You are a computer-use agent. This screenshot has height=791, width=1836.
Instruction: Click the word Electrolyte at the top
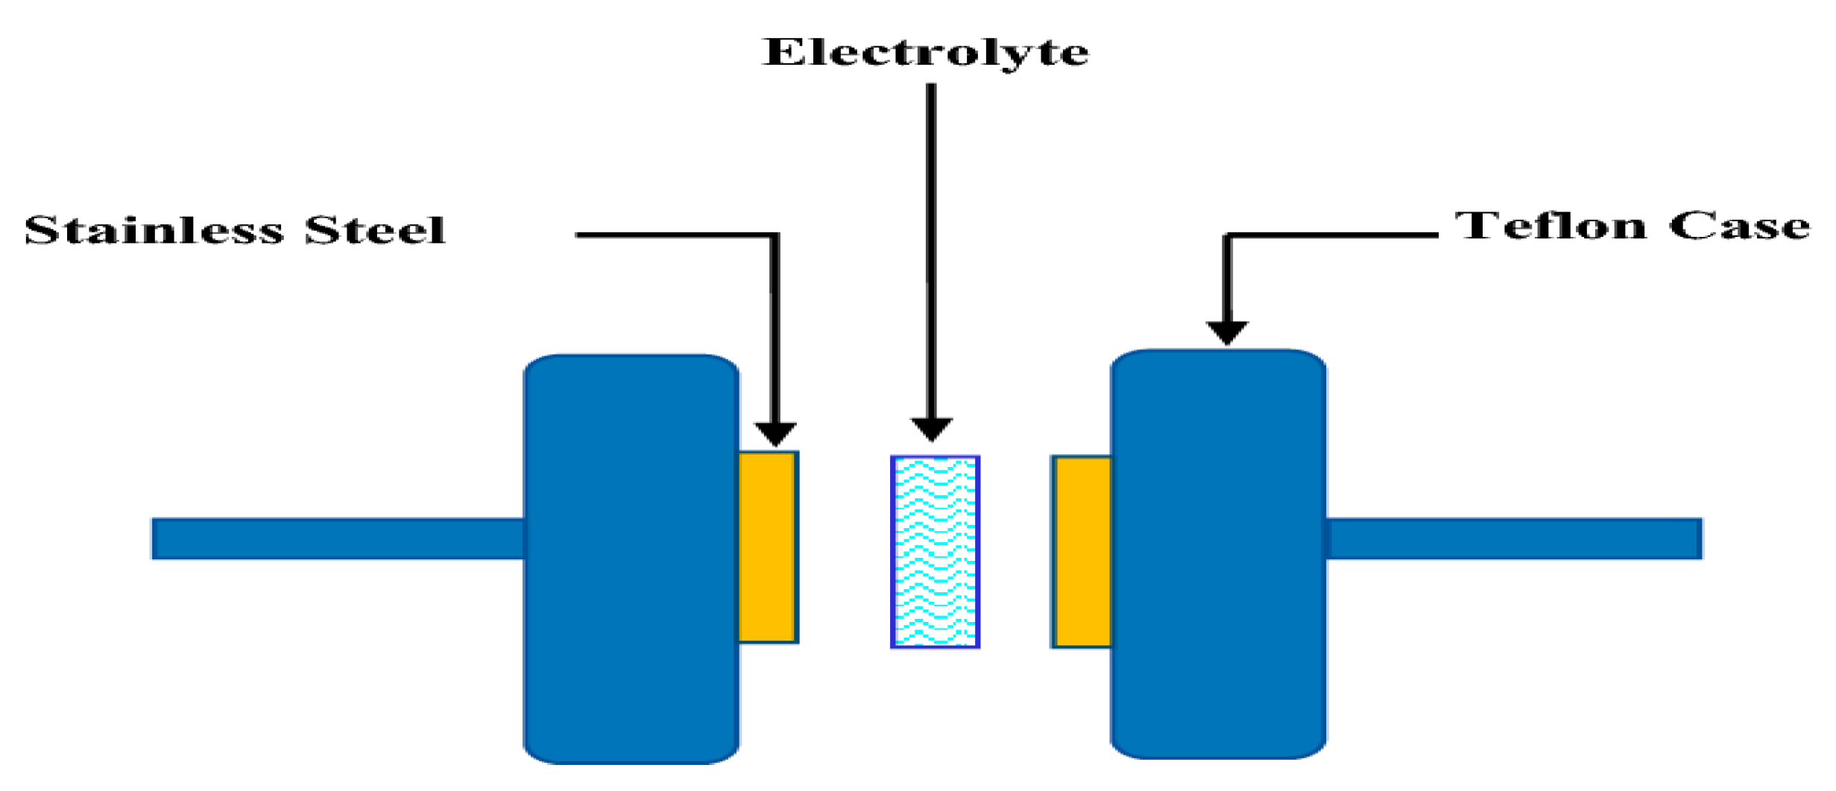pos(925,53)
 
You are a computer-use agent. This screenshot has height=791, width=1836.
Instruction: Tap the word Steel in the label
pos(375,229)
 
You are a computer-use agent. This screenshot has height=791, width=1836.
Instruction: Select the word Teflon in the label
pos(1550,226)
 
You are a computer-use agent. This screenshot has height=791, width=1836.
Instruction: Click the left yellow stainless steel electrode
pos(767,547)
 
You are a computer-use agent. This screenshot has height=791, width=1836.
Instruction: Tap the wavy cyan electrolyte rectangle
pos(935,552)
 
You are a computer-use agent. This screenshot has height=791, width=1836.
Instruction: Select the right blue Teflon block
pos(1218,555)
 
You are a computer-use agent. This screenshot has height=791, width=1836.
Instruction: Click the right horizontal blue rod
pos(1513,539)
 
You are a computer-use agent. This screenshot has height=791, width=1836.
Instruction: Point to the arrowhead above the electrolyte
pos(931,429)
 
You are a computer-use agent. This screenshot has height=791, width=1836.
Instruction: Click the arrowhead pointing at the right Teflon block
pos(1227,332)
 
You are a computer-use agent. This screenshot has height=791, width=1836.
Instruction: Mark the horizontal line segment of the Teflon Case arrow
pos(1334,235)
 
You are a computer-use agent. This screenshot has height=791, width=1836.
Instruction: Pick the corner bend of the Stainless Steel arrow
pos(775,236)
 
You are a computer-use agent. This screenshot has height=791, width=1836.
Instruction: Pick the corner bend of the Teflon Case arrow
pos(1228,236)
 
